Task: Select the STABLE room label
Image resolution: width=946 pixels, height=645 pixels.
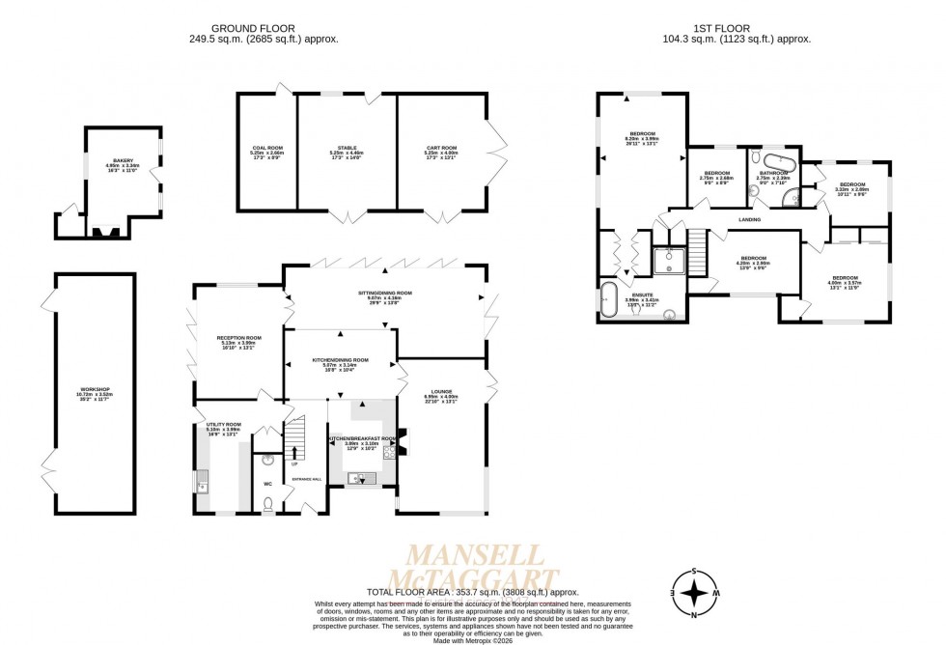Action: (346, 148)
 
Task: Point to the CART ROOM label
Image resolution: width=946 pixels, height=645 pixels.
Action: (441, 148)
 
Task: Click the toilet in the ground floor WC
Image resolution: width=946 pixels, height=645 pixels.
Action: (267, 502)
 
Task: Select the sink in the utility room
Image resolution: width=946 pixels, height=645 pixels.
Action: (203, 486)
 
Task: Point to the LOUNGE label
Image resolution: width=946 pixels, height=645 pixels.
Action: (437, 391)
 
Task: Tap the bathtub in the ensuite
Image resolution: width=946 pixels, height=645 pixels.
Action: (608, 299)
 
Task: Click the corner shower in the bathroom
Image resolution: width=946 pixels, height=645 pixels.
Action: (792, 199)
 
